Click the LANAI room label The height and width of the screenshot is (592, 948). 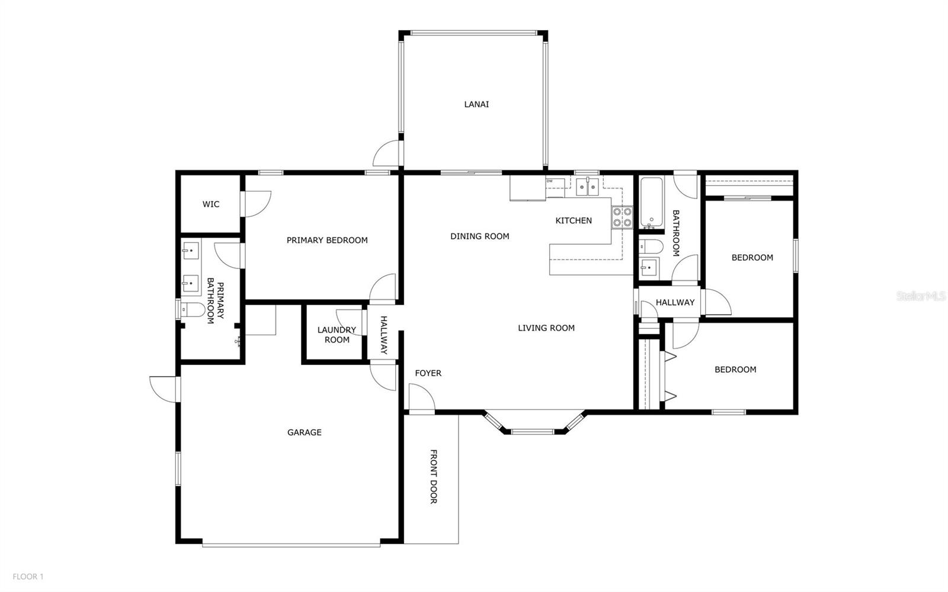pyautogui.click(x=476, y=104)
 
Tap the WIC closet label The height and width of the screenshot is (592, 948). pyautogui.click(x=211, y=204)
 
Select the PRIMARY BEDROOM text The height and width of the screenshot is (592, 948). pyautogui.click(x=327, y=240)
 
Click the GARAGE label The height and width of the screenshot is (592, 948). pyautogui.click(x=305, y=433)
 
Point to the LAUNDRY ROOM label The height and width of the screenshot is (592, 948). pyautogui.click(x=337, y=335)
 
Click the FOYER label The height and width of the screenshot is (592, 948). pyautogui.click(x=428, y=373)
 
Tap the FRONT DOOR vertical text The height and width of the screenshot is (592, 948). pyautogui.click(x=433, y=476)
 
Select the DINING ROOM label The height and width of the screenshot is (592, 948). pyautogui.click(x=480, y=236)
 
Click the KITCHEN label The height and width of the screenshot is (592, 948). pyautogui.click(x=574, y=220)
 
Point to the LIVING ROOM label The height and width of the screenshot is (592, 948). pyautogui.click(x=546, y=328)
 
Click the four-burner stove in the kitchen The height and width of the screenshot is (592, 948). pyautogui.click(x=622, y=217)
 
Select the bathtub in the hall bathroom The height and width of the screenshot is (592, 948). pyautogui.click(x=651, y=203)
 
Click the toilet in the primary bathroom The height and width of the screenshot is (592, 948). pyautogui.click(x=193, y=309)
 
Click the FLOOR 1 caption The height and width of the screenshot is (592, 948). pyautogui.click(x=28, y=576)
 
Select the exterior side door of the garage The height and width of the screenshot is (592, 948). pyautogui.click(x=164, y=388)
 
